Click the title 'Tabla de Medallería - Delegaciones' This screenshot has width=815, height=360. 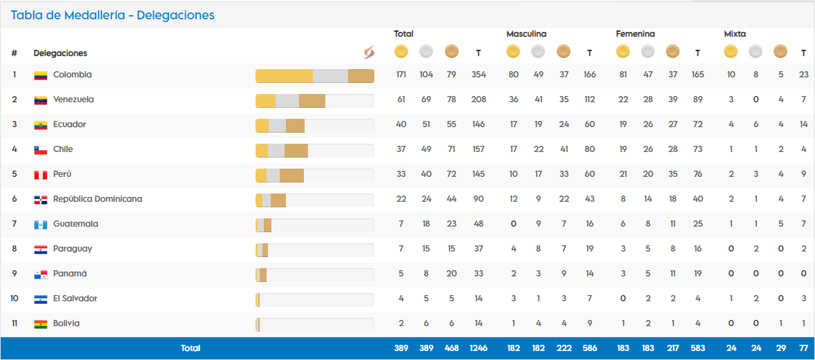click(113, 15)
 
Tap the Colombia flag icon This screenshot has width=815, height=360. click(41, 75)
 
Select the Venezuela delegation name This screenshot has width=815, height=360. click(73, 100)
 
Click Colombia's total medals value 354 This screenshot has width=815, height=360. click(478, 75)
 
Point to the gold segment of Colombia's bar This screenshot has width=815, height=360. click(284, 76)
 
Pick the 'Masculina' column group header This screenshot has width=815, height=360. click(526, 34)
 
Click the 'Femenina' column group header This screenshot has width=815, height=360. click(635, 34)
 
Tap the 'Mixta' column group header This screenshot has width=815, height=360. click(735, 34)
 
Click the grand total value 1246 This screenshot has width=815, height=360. click(478, 348)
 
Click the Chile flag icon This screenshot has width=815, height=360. click(41, 150)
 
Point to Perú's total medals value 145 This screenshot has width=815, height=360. click(478, 174)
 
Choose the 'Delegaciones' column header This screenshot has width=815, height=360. click(60, 53)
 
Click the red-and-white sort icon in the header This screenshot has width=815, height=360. click(369, 53)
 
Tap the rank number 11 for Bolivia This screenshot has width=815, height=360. click(15, 323)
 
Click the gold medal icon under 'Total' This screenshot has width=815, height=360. click(401, 51)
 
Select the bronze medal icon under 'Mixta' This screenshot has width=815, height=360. click(780, 51)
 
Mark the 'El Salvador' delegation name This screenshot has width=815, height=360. click(75, 299)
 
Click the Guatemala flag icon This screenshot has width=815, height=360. click(41, 225)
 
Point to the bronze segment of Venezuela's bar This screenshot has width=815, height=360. click(312, 101)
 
